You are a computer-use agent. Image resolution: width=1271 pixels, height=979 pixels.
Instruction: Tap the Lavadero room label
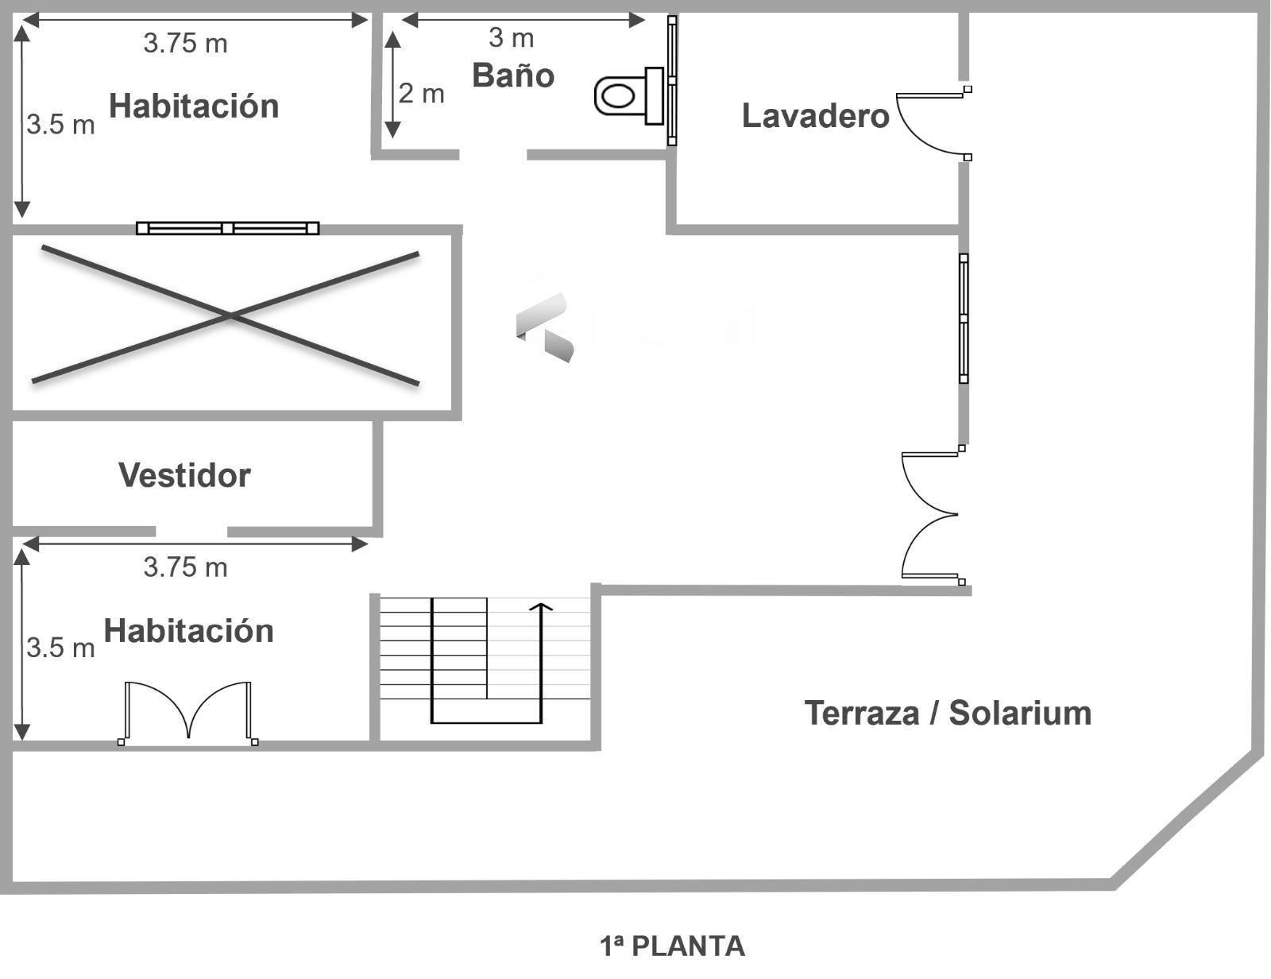tap(815, 116)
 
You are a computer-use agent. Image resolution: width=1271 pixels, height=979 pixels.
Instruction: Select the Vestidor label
tap(184, 475)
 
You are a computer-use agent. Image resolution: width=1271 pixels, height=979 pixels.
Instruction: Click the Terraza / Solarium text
tap(948, 713)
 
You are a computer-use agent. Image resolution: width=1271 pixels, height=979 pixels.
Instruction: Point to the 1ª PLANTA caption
tap(672, 946)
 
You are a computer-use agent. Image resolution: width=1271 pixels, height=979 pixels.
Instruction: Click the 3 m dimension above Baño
tap(511, 37)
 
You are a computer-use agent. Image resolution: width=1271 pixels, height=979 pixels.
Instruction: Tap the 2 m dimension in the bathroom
tap(421, 94)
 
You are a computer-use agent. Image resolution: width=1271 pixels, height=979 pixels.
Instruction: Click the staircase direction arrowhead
tap(541, 608)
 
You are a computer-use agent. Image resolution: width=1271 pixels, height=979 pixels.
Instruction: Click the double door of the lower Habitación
tap(188, 711)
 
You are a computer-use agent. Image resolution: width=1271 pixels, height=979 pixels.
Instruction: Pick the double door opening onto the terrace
tap(931, 515)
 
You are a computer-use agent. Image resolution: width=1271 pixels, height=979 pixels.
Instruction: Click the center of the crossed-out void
tap(229, 316)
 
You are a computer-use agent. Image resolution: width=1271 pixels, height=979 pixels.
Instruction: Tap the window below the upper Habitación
tap(227, 228)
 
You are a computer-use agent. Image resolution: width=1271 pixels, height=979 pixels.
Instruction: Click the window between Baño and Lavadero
tap(672, 80)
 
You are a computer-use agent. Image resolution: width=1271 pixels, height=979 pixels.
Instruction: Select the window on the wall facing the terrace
tap(964, 318)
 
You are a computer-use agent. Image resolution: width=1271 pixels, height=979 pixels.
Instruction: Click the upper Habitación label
tap(194, 106)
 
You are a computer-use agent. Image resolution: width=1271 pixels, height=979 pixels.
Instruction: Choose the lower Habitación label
tap(188, 631)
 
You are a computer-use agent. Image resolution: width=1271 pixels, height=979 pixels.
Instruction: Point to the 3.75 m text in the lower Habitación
tap(185, 567)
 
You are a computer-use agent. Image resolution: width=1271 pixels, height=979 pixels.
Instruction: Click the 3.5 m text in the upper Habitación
tap(60, 125)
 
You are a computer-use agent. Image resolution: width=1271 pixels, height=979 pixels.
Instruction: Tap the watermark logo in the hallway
tap(547, 324)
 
